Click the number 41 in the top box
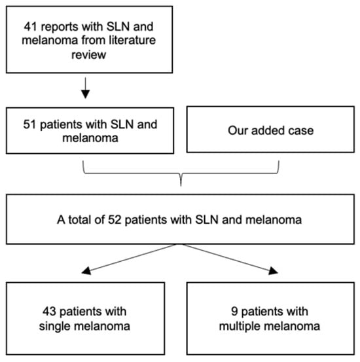click(31, 27)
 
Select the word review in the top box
click(88, 55)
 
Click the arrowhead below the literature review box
click(86, 94)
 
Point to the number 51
click(30, 124)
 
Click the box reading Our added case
click(270, 130)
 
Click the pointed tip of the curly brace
click(181, 185)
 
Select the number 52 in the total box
click(115, 219)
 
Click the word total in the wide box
click(81, 219)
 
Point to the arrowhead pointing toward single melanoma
click(86, 271)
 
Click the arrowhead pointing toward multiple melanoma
click(273, 271)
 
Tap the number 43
click(49, 312)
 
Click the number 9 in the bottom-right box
click(234, 312)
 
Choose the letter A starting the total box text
click(61, 219)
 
